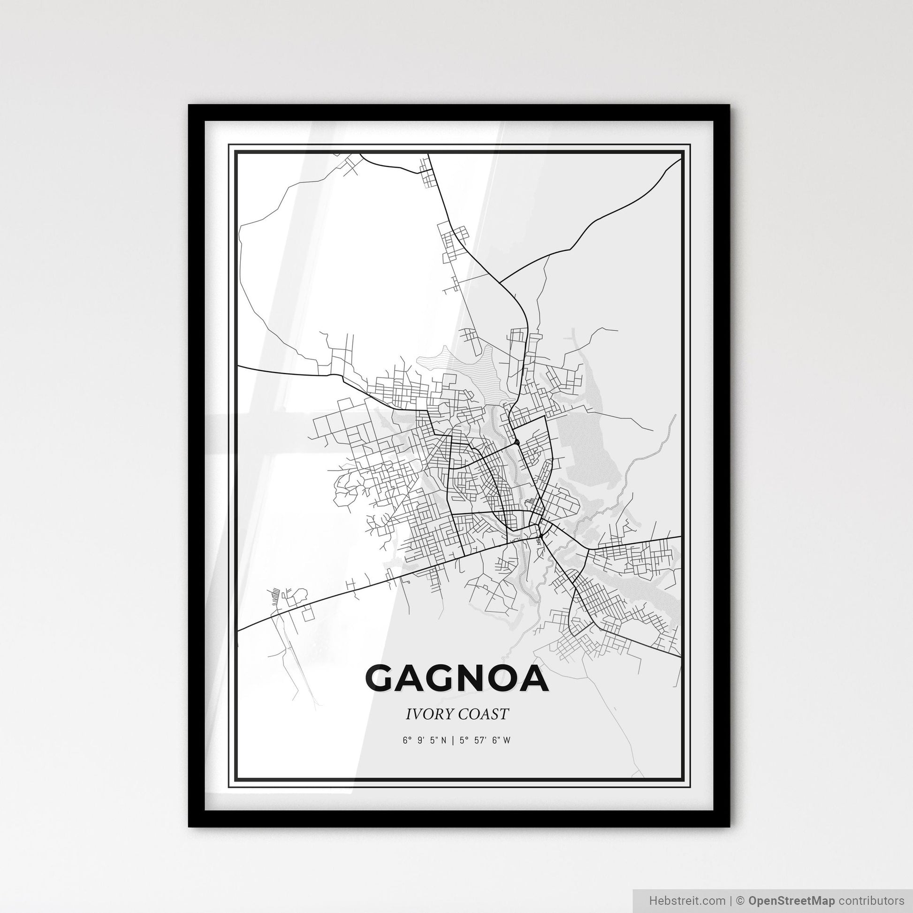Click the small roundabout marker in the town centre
518,442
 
